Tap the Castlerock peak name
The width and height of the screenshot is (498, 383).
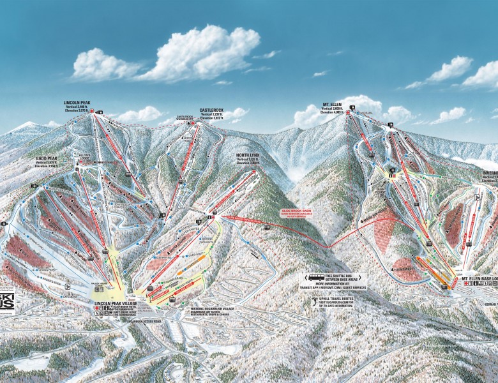point(213,110)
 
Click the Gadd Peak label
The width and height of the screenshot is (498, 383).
point(47,156)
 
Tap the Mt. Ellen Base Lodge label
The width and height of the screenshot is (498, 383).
point(476,280)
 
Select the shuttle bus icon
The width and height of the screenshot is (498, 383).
point(316,278)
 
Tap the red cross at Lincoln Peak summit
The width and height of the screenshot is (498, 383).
point(92,112)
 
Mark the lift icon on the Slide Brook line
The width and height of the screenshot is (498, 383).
point(266,227)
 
